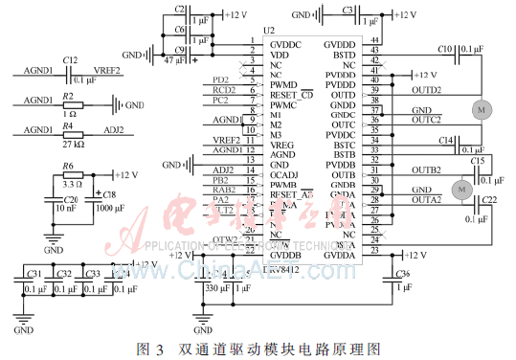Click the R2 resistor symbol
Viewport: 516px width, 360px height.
coord(69,105)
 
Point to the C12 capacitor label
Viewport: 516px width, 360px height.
coord(69,60)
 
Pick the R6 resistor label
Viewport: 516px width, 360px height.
coord(68,166)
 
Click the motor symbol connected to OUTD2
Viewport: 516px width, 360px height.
coord(480,109)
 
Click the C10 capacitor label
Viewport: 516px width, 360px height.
coord(444,47)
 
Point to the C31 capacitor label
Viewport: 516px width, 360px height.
coord(35,274)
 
